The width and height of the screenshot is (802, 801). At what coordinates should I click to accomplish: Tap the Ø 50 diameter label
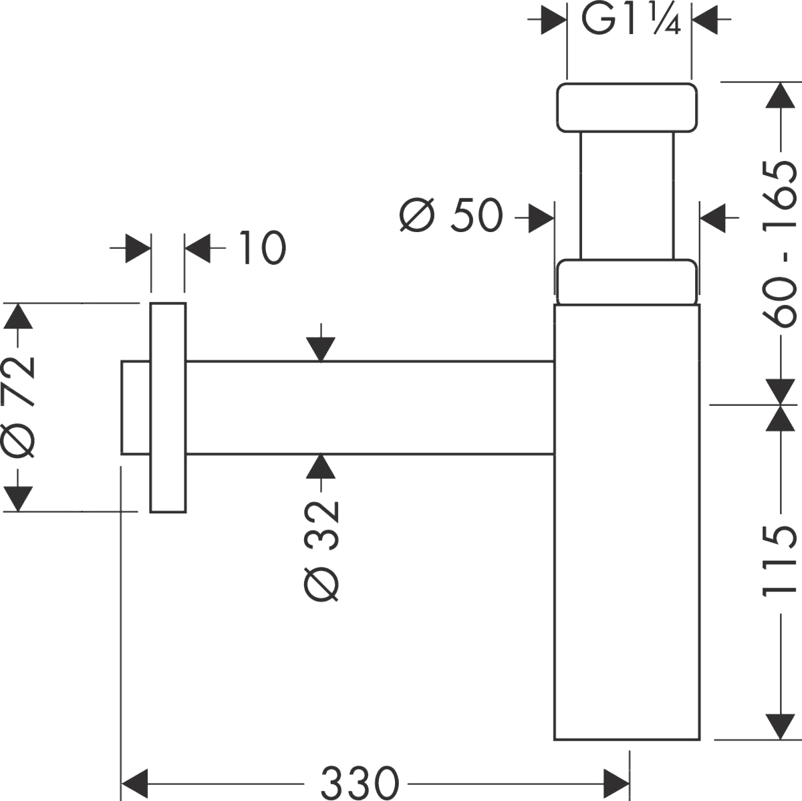coord(451,215)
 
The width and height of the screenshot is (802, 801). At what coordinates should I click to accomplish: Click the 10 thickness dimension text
coord(261,248)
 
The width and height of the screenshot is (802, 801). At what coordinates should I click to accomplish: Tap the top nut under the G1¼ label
coord(627,107)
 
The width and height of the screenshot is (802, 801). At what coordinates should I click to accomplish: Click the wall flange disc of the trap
coord(167,408)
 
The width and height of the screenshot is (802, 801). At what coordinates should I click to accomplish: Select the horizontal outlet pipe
coord(370,407)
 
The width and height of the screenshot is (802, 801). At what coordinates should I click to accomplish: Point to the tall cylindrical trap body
coord(627,522)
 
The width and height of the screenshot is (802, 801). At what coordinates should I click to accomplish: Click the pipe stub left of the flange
coord(135,407)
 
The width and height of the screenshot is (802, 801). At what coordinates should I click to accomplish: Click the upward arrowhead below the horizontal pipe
coord(321,466)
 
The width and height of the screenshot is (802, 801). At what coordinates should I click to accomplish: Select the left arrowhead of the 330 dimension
coord(134,780)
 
